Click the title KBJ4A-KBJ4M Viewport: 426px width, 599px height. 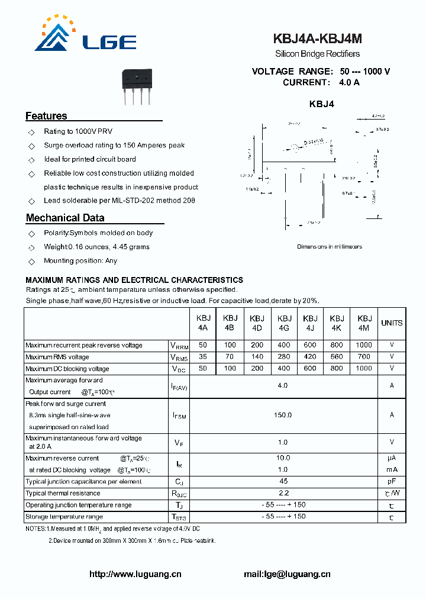point(317,39)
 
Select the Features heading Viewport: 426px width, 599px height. point(46,116)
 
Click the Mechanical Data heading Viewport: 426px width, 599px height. point(65,218)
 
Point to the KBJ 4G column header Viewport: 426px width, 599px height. point(284,323)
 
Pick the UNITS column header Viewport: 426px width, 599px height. point(391,323)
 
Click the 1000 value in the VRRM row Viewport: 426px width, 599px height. point(364,345)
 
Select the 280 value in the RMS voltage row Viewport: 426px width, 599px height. point(284,357)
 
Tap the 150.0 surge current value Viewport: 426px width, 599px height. point(283,415)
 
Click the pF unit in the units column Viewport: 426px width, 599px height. point(391,481)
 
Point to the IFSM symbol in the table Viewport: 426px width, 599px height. point(179,416)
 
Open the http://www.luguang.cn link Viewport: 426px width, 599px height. point(135,574)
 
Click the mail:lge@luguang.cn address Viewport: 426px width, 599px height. point(287,574)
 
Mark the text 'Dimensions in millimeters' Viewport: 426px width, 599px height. point(329,247)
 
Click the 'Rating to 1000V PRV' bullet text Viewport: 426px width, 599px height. point(78,131)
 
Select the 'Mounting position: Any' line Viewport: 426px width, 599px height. point(80,260)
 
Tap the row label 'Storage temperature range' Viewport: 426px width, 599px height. point(64,517)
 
